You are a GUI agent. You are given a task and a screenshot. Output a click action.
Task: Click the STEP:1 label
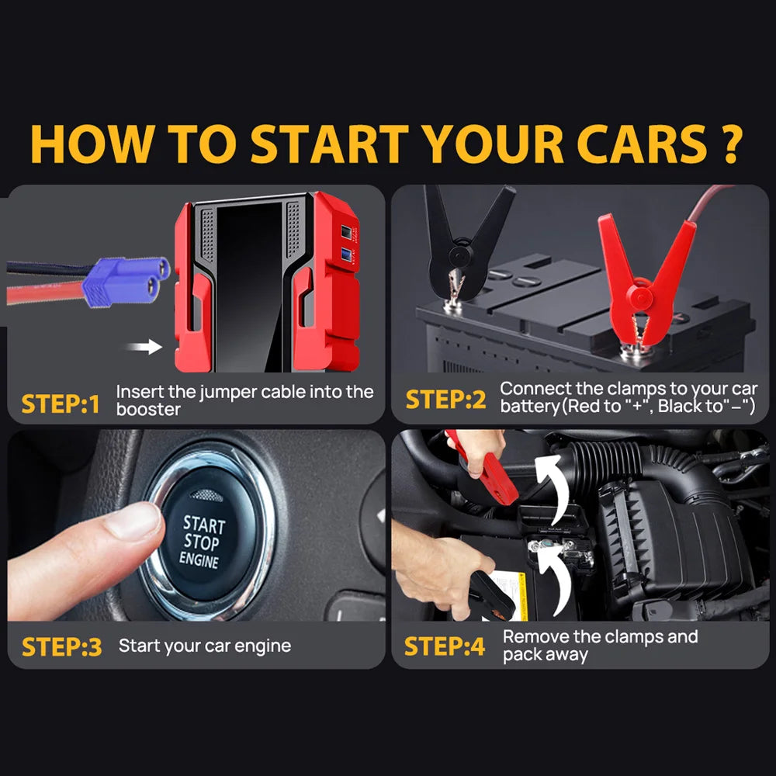point(61,404)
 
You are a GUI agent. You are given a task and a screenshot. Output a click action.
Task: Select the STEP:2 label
point(445,400)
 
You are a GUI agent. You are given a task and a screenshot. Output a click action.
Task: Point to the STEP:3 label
point(61,646)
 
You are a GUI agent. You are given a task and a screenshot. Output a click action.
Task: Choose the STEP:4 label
point(445,646)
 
